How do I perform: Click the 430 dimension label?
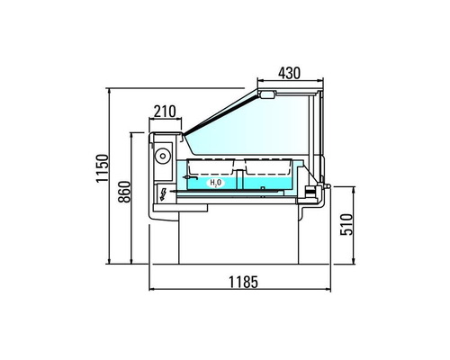coord(289,73)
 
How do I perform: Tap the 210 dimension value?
coord(165,112)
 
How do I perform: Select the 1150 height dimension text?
coord(102,168)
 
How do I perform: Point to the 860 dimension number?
coord(124,192)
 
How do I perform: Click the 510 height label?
coord(346,224)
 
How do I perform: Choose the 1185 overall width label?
coord(243,282)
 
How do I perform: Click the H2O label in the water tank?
coord(216,183)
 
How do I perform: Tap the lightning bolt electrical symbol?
coord(164,194)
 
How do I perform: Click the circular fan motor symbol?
coord(163,156)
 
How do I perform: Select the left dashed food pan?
coord(211,166)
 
